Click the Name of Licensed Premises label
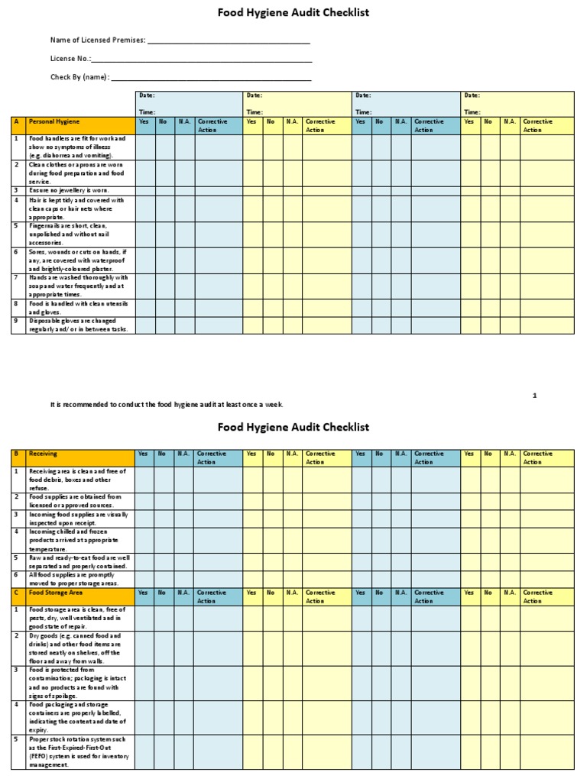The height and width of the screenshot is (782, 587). [97, 40]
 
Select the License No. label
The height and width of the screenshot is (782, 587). [70, 58]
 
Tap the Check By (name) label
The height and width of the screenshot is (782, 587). [80, 76]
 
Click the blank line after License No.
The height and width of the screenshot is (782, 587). [202, 59]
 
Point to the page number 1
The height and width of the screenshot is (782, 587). [535, 396]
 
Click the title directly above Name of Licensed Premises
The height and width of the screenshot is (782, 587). [293, 13]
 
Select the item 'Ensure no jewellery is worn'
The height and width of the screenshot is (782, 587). [70, 190]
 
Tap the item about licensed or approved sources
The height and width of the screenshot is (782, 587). [76, 501]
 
